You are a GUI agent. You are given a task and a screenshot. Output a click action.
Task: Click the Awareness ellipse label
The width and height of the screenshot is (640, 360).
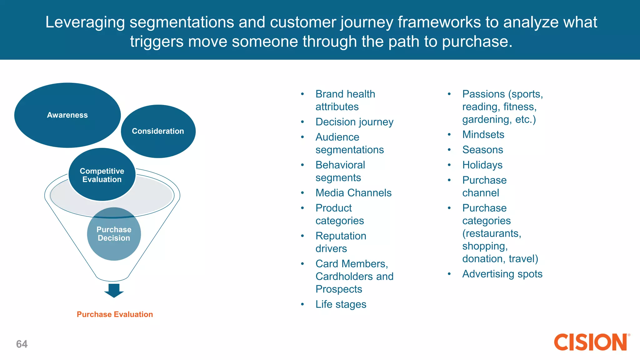(x=67, y=115)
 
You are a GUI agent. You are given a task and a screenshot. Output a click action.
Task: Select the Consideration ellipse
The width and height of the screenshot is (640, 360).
(x=158, y=131)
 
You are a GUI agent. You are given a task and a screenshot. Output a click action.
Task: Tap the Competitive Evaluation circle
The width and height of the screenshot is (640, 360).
(x=102, y=175)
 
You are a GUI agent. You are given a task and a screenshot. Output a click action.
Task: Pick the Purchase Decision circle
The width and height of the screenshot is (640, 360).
(x=114, y=234)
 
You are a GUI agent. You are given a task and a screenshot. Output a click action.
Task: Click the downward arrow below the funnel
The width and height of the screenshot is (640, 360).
(x=114, y=290)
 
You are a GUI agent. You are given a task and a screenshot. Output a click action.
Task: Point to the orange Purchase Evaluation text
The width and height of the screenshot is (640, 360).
(x=115, y=314)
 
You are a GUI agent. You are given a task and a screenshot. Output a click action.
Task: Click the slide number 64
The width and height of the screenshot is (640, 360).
(x=22, y=344)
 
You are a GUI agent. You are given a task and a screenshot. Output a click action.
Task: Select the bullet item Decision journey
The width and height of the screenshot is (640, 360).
(x=354, y=122)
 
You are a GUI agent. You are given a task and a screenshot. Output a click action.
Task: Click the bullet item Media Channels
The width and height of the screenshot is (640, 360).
(x=353, y=193)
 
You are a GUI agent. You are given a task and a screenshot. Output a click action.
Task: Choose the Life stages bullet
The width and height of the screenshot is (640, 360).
(x=341, y=304)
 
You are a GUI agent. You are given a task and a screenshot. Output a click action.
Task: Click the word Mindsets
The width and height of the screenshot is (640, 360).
(x=483, y=135)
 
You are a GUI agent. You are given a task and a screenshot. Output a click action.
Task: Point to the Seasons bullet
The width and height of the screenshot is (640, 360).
(x=482, y=150)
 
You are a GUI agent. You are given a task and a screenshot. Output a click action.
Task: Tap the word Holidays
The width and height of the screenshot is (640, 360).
(x=482, y=165)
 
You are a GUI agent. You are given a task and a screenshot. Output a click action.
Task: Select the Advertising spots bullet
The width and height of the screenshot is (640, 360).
(x=502, y=274)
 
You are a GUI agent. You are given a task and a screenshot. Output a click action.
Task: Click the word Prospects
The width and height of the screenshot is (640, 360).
(x=339, y=289)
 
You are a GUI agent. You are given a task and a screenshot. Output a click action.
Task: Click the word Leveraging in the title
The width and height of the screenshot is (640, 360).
(x=85, y=22)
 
